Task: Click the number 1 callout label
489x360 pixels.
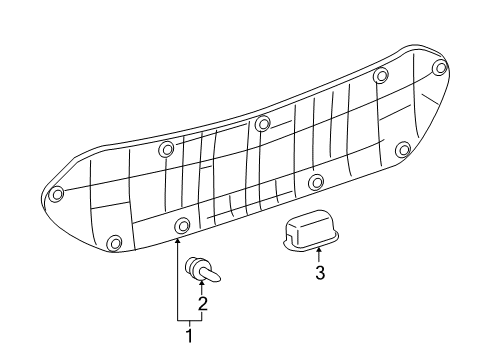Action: [x=189, y=337]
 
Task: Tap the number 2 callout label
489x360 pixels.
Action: [x=202, y=304]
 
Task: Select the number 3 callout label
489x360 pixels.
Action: [x=319, y=272]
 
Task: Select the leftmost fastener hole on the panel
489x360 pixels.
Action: [x=57, y=193]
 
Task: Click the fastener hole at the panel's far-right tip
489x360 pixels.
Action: [x=441, y=68]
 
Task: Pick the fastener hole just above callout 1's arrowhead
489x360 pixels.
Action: [x=181, y=224]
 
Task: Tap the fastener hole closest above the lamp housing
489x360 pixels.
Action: [x=316, y=182]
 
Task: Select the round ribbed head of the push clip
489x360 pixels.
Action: [x=191, y=267]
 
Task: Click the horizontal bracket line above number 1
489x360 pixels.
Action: [x=189, y=319]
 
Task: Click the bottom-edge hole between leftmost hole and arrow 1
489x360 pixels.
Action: [x=114, y=242]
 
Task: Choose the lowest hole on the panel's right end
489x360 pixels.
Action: [x=403, y=150]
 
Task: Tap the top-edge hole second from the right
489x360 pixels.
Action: [x=380, y=76]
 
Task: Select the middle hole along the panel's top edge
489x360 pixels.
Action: [x=263, y=124]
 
